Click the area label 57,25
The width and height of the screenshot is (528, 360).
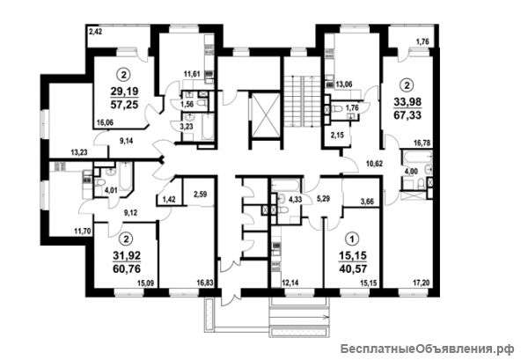tap(124, 105)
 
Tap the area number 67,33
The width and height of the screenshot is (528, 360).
tap(407, 115)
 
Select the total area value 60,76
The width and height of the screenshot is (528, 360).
tap(127, 268)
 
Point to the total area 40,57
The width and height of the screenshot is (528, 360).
tap(353, 268)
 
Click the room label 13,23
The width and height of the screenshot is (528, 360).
tap(79, 152)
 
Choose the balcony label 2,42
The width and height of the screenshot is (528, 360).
tap(95, 33)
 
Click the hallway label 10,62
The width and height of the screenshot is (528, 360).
tap(375, 164)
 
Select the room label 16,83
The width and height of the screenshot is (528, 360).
tap(205, 283)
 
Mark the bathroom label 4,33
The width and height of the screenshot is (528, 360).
tap(295, 199)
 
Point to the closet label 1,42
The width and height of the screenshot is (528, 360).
tap(169, 201)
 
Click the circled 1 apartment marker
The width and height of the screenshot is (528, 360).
tap(353, 239)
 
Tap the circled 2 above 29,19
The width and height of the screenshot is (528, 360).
tap(124, 75)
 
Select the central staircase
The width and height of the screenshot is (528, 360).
tap(302, 101)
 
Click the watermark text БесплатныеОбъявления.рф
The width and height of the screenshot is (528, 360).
tap(427, 349)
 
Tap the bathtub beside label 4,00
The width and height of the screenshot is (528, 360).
tap(416, 158)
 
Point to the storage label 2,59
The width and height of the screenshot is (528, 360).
tap(200, 194)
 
